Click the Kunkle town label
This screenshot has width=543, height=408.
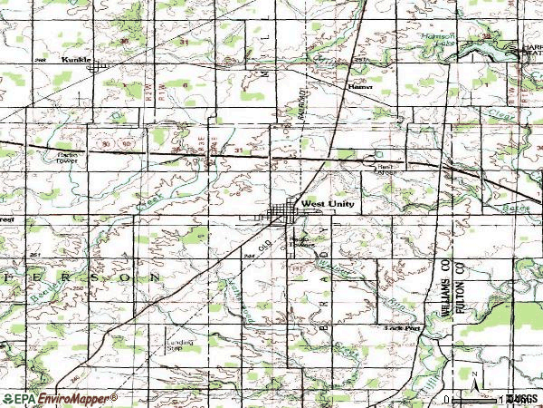(x=75, y=60)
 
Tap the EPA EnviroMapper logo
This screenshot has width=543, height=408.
(x=60, y=399)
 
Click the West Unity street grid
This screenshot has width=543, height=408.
(x=282, y=214)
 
